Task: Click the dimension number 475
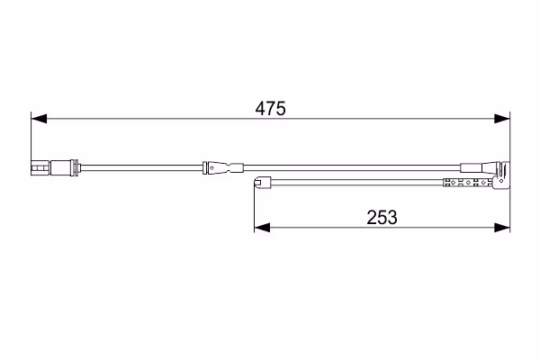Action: coord(270,109)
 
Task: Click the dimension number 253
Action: coord(382,218)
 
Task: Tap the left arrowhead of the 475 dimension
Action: coord(39,119)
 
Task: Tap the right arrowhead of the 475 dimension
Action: coord(502,119)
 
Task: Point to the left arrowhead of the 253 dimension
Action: coord(262,228)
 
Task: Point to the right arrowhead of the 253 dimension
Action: coord(502,228)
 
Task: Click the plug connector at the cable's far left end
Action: coord(40,167)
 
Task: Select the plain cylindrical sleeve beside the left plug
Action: coord(60,167)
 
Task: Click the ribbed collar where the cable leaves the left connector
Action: coord(75,167)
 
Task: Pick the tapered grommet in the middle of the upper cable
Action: coord(223,167)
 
